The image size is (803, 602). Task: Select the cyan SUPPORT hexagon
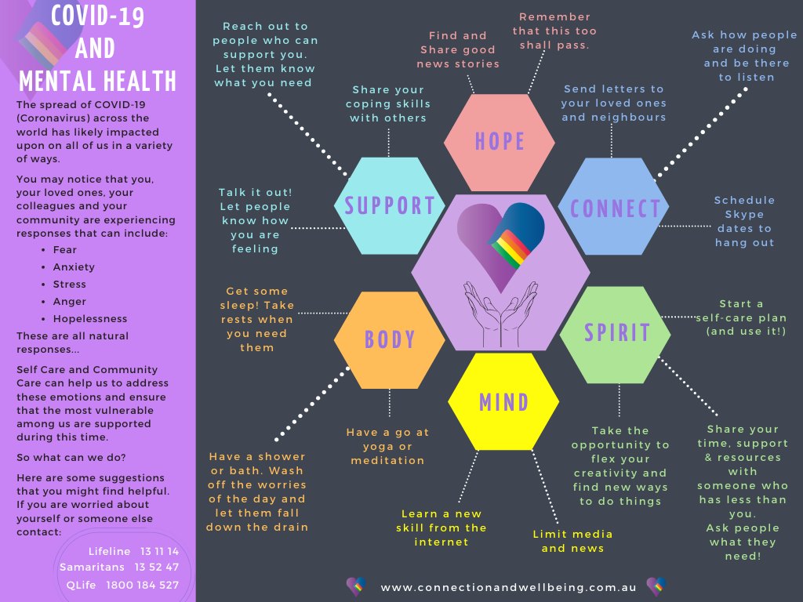pyautogui.click(x=390, y=205)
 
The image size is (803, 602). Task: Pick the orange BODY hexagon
pyautogui.click(x=390, y=339)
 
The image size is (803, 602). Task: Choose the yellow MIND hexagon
pyautogui.click(x=503, y=402)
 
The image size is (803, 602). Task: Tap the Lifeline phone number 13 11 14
pyautogui.click(x=160, y=551)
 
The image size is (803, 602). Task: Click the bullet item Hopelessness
pyautogui.click(x=89, y=318)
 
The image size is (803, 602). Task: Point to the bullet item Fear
pyautogui.click(x=64, y=249)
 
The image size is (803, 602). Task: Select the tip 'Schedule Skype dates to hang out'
pyautogui.click(x=744, y=221)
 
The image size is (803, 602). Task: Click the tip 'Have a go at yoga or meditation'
pyautogui.click(x=387, y=446)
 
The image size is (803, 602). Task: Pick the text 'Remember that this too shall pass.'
pyautogui.click(x=554, y=31)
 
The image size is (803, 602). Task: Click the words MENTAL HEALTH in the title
pyautogui.click(x=97, y=81)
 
